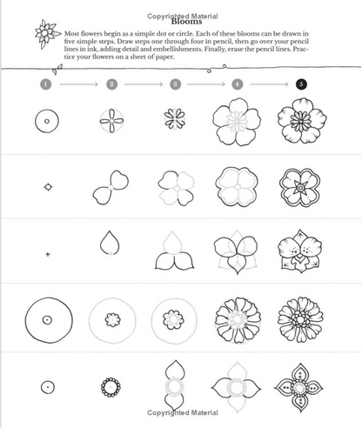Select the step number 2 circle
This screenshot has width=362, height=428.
point(111,84)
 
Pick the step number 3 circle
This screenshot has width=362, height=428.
point(175,84)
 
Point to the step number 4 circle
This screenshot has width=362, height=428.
point(238,84)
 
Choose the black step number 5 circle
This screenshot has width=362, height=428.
point(301,84)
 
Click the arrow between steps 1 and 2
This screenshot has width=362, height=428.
point(79,84)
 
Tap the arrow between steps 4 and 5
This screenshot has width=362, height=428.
point(270,84)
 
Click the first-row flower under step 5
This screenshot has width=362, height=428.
point(301,122)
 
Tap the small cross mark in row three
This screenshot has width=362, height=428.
point(49,253)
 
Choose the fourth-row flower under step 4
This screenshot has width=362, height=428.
point(238,319)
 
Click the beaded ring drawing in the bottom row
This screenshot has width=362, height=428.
point(111,385)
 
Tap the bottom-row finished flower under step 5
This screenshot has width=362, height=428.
point(301,385)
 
